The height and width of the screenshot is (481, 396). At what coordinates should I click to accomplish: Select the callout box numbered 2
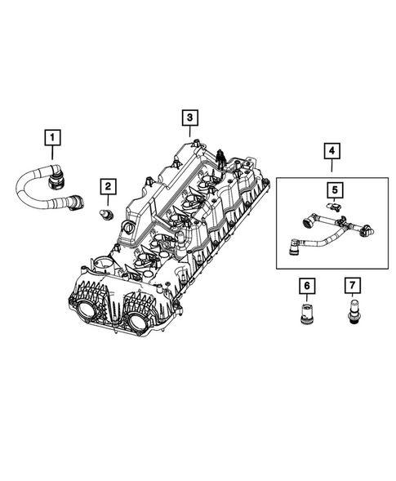click(107, 187)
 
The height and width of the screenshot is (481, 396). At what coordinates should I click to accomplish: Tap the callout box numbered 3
click(189, 119)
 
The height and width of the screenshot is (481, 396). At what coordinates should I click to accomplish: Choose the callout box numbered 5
click(335, 189)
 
